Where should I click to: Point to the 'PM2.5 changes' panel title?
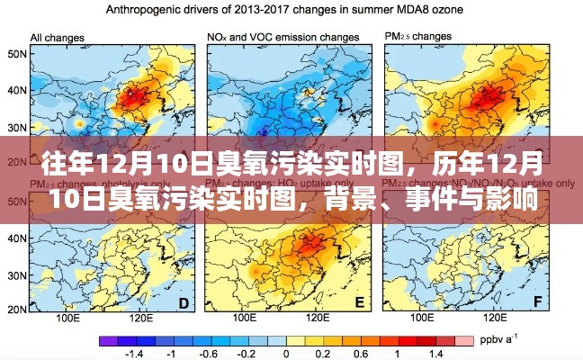click(x=418, y=37)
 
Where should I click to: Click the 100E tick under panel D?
click(x=68, y=319)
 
